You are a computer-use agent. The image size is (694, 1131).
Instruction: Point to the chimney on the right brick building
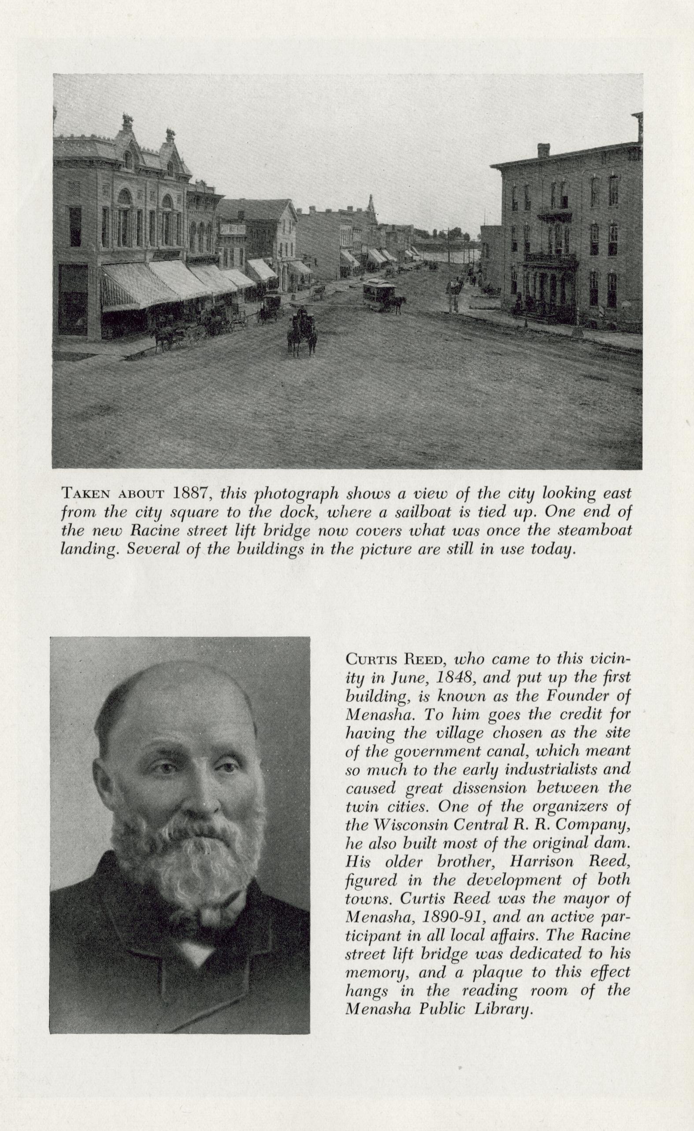pos(543,150)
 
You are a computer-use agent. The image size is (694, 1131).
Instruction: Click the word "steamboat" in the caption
pos(595,530)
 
